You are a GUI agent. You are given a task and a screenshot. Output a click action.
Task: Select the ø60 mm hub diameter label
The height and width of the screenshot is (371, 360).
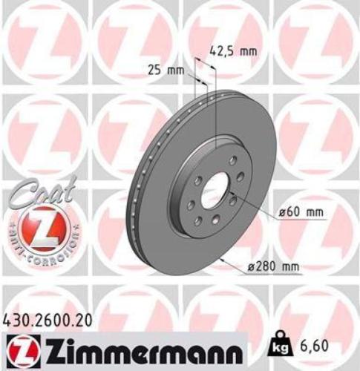301,212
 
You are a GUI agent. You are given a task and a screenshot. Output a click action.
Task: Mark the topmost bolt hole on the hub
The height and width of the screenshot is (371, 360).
232,160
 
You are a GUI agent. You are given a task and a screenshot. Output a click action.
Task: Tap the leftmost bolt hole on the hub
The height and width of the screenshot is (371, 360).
191,205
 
